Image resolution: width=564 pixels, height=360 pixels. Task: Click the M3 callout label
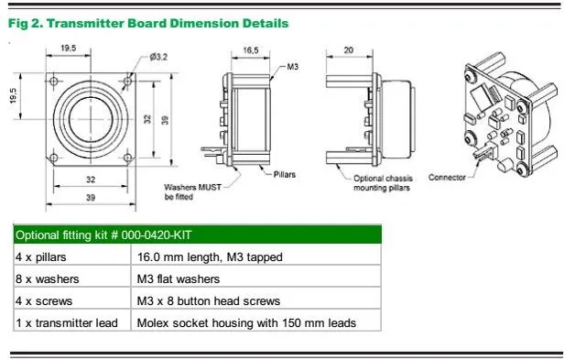293,68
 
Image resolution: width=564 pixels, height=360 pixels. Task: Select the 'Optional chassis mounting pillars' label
382,182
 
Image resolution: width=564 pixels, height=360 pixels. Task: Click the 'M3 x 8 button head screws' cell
208,300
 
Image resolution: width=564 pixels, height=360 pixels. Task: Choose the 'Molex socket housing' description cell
245,322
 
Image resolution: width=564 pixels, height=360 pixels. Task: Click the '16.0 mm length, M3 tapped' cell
206,257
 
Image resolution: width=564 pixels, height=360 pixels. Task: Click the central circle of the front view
90,118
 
